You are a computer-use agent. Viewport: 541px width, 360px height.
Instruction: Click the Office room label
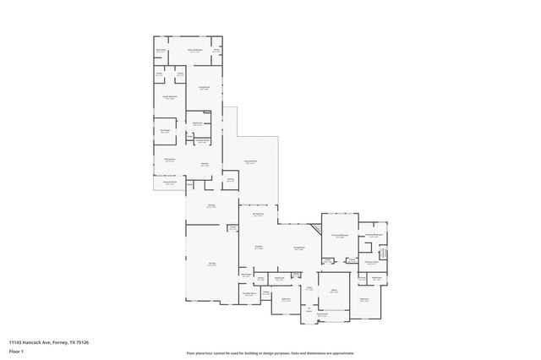(x=333, y=290)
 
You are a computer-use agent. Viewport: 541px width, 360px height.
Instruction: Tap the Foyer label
(x=310, y=288)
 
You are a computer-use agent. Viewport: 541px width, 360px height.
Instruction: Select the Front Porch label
(x=310, y=314)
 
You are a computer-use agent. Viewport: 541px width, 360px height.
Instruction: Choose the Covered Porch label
(x=170, y=182)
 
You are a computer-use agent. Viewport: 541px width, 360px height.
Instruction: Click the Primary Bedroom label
(x=340, y=237)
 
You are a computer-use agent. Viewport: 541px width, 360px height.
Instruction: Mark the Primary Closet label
(x=371, y=262)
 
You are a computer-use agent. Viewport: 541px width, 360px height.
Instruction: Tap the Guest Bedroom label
(x=170, y=98)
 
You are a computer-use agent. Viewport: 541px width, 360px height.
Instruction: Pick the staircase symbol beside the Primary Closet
(x=381, y=254)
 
